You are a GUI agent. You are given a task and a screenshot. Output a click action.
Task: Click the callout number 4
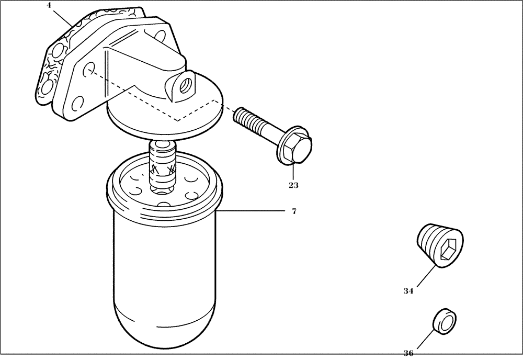click(x=49, y=6)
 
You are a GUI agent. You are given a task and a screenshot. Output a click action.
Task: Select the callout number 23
click(x=293, y=184)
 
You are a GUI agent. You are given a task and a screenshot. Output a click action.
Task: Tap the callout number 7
click(x=294, y=211)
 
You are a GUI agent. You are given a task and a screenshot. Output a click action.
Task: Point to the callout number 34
click(x=408, y=291)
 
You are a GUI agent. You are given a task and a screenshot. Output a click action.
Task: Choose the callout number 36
click(x=408, y=353)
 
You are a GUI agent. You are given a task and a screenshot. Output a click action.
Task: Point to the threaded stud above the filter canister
click(x=162, y=165)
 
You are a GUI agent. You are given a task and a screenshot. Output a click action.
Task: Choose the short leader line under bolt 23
click(x=293, y=171)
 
